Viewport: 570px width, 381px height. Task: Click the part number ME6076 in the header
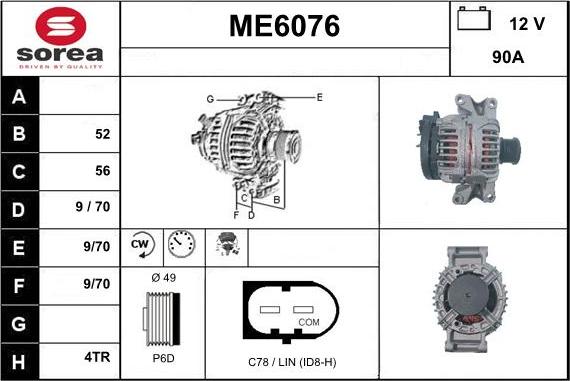[285, 27]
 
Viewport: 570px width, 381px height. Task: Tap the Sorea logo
[60, 38]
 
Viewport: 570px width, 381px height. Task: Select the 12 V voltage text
[526, 22]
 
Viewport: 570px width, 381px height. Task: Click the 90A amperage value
[510, 58]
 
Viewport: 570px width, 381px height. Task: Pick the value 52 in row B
[102, 134]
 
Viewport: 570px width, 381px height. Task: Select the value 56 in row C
[102, 171]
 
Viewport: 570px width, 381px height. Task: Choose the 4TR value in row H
[97, 354]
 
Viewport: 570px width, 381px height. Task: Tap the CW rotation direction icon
[140, 243]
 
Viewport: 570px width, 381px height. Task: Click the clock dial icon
[181, 243]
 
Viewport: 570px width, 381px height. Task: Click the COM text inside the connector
[309, 322]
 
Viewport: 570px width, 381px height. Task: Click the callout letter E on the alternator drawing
[319, 97]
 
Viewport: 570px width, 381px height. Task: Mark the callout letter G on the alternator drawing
[210, 98]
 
